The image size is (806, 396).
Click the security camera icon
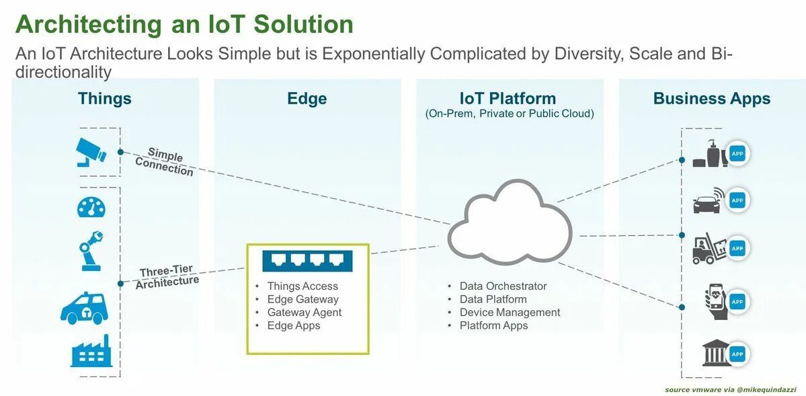point(91,151)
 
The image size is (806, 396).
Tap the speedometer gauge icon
point(91,207)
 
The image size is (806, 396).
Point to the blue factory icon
point(91,351)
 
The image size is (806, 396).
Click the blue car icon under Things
point(83,308)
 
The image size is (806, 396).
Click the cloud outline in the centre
point(509,221)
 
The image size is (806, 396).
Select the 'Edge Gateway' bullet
point(303,299)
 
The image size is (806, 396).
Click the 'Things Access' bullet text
point(303,286)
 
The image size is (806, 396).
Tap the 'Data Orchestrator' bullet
point(503,286)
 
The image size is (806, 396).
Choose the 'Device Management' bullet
point(510,313)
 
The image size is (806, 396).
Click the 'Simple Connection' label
point(165,162)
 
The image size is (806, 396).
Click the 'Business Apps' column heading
point(711,99)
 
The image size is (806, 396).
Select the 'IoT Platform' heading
point(508,99)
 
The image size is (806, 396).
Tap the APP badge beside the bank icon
point(737,354)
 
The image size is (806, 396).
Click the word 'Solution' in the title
point(303,24)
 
